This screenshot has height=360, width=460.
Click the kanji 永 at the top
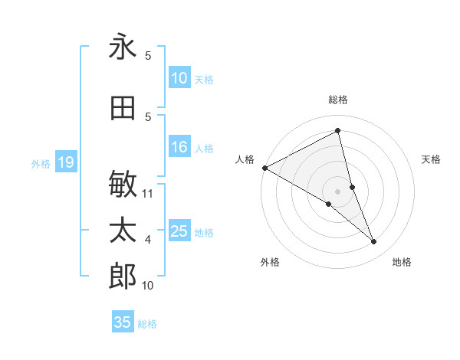(x=123, y=47)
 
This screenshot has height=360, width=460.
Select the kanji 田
(x=123, y=109)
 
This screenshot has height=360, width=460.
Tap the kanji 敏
(x=123, y=185)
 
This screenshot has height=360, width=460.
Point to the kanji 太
(x=123, y=231)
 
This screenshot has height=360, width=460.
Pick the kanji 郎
(x=123, y=277)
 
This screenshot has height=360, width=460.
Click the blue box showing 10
(x=179, y=78)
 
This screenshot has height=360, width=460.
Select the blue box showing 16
(x=179, y=148)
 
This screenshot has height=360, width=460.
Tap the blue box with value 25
(x=179, y=232)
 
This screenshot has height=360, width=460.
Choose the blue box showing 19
(x=65, y=162)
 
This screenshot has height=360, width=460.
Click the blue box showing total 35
(x=123, y=322)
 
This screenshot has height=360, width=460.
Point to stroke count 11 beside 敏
(x=149, y=193)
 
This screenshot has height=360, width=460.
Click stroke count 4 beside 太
(x=148, y=240)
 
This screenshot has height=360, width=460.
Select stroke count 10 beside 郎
(x=148, y=286)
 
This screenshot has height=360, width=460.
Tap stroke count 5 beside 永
(x=148, y=56)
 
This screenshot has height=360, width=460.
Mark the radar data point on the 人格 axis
(x=264, y=168)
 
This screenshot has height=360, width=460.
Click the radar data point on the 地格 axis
(x=374, y=242)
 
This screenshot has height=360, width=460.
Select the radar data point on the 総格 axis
(x=337, y=131)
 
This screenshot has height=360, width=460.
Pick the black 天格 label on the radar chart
(x=432, y=159)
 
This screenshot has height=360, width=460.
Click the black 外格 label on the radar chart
(x=270, y=262)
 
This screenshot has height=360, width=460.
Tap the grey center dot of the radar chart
(x=337, y=191)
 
